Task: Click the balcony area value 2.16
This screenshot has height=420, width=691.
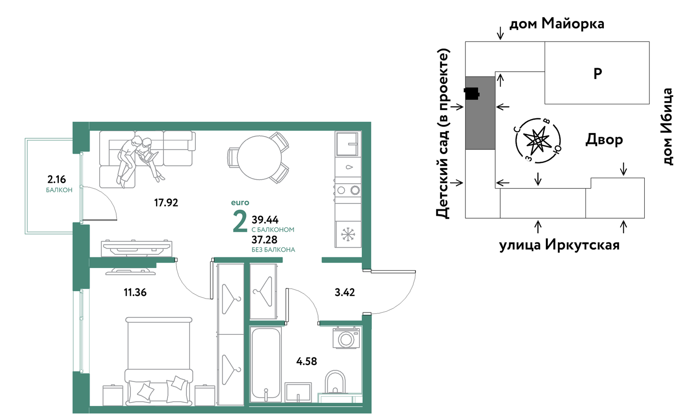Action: (x=56, y=179)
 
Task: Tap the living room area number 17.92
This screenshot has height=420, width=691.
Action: (x=166, y=202)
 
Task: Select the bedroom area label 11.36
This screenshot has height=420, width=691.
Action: (x=135, y=292)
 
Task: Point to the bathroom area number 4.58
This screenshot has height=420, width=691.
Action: (x=306, y=361)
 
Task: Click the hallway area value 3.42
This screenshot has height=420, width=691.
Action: (x=345, y=292)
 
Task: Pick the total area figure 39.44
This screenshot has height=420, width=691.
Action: (x=265, y=220)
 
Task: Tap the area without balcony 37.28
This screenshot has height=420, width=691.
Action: (x=264, y=240)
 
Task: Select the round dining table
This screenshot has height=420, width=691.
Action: (x=259, y=158)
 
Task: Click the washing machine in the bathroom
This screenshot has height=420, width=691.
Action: (x=346, y=338)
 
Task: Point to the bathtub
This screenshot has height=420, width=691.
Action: (x=266, y=364)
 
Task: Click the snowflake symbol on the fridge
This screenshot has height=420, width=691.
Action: (x=348, y=234)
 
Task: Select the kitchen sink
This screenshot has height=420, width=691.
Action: (x=347, y=144)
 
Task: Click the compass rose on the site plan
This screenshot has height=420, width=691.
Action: (x=538, y=141)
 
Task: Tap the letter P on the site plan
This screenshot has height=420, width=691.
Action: (x=598, y=73)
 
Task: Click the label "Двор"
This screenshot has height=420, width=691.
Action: (x=604, y=139)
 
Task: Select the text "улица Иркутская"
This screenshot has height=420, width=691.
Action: (x=559, y=245)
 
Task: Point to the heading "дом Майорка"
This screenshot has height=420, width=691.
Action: (x=557, y=23)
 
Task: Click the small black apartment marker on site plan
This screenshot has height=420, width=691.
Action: (x=471, y=94)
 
